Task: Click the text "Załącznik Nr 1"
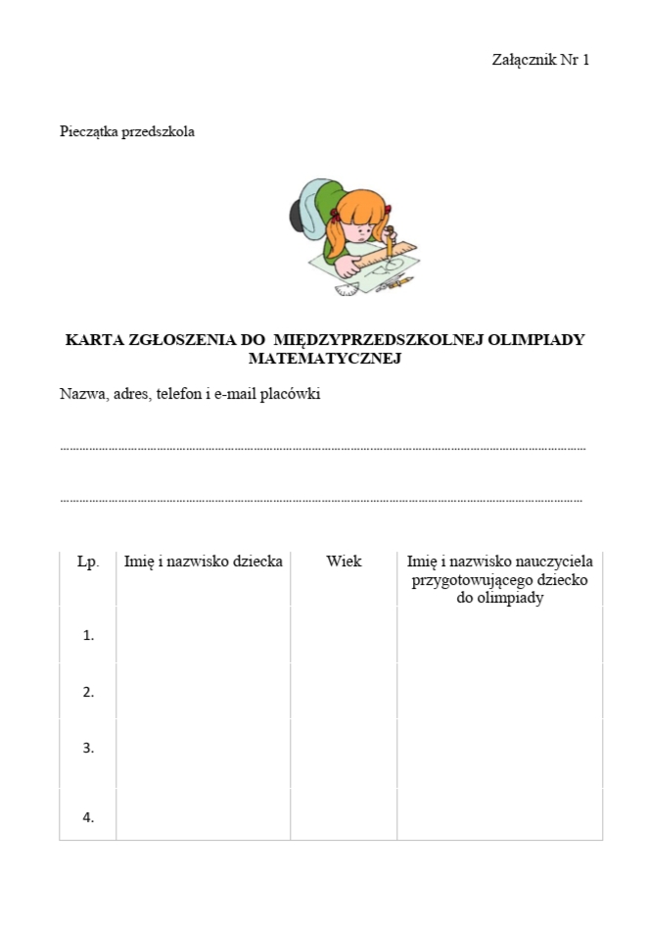click(540, 60)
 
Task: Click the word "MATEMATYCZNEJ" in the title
click(325, 359)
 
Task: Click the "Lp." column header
click(88, 561)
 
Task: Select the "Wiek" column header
click(344, 561)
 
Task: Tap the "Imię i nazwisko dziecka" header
click(204, 561)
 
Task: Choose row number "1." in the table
click(88, 635)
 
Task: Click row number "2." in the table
click(88, 692)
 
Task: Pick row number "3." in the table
click(88, 748)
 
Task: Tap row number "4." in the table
click(88, 818)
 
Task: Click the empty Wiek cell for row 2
click(344, 692)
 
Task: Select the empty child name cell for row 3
click(204, 748)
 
